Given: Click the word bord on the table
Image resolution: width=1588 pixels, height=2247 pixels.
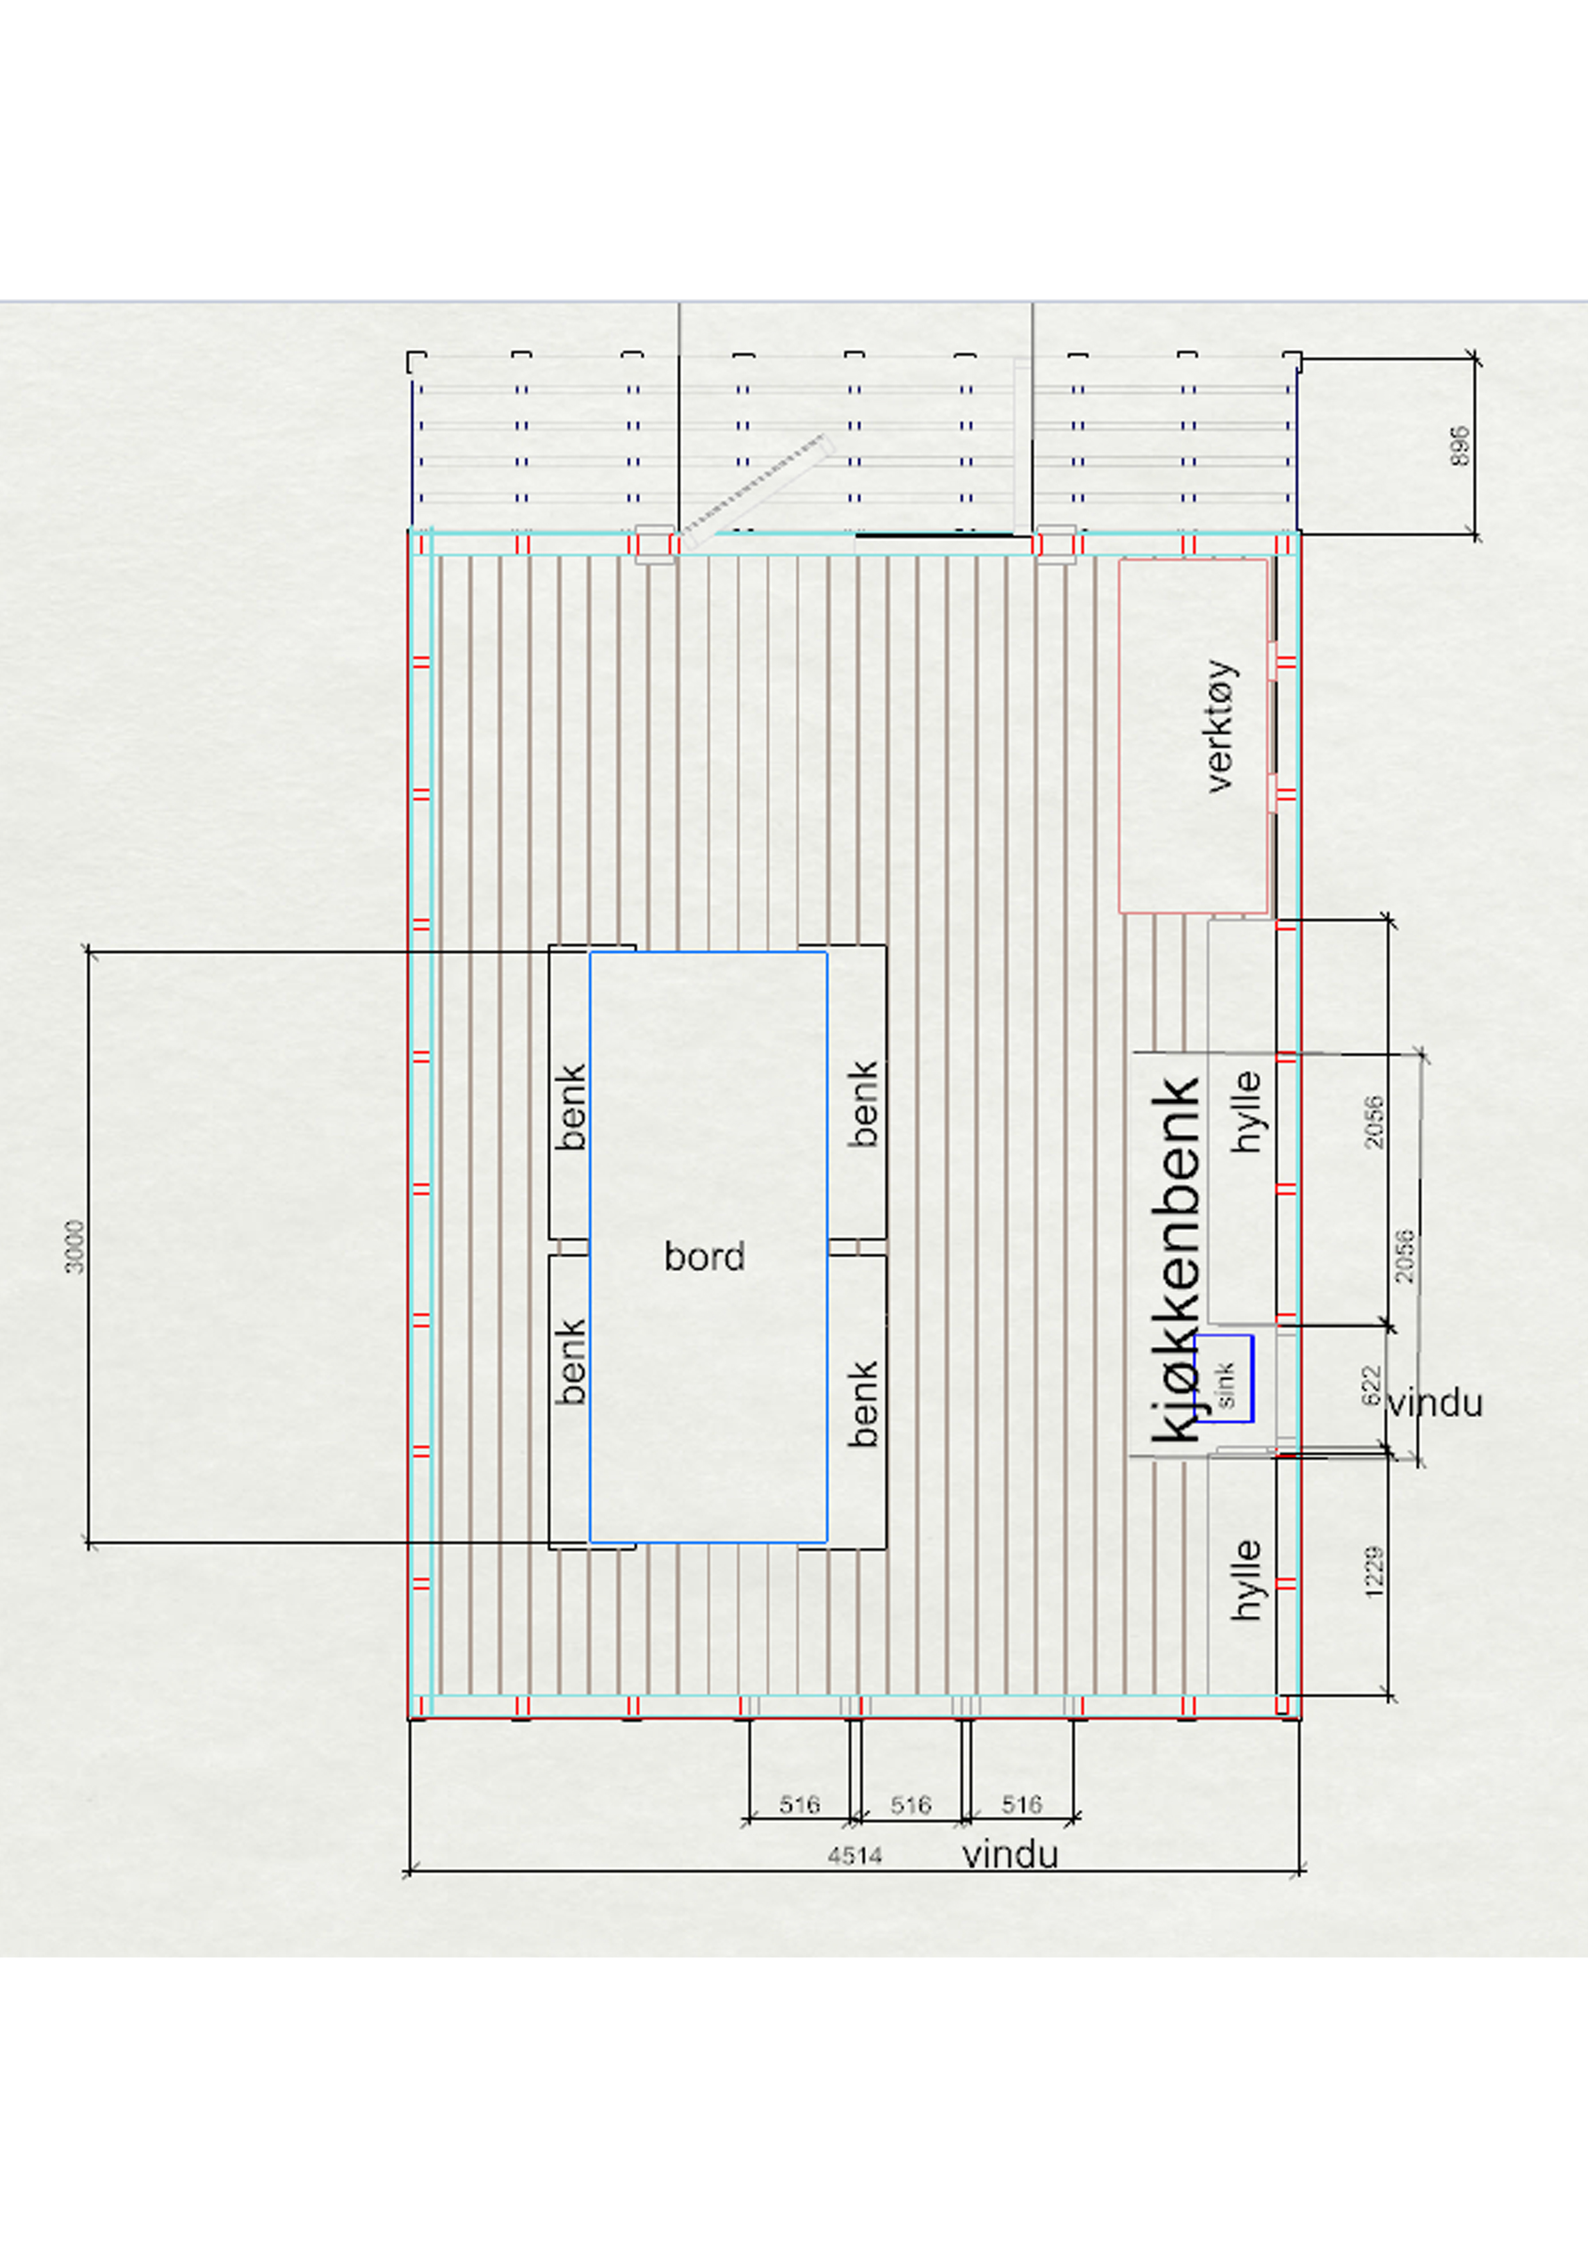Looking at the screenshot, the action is tap(704, 1257).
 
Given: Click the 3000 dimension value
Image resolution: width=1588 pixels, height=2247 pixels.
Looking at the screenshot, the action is tap(74, 1247).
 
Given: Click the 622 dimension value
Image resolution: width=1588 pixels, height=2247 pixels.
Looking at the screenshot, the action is tap(1372, 1385).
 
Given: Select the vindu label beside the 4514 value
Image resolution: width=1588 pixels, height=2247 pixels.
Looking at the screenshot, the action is tap(1010, 1854).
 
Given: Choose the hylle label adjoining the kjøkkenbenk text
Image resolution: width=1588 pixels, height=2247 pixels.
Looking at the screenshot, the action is tap(1245, 1112).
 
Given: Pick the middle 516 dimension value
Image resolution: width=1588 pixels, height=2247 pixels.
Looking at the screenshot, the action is tap(910, 1804).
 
